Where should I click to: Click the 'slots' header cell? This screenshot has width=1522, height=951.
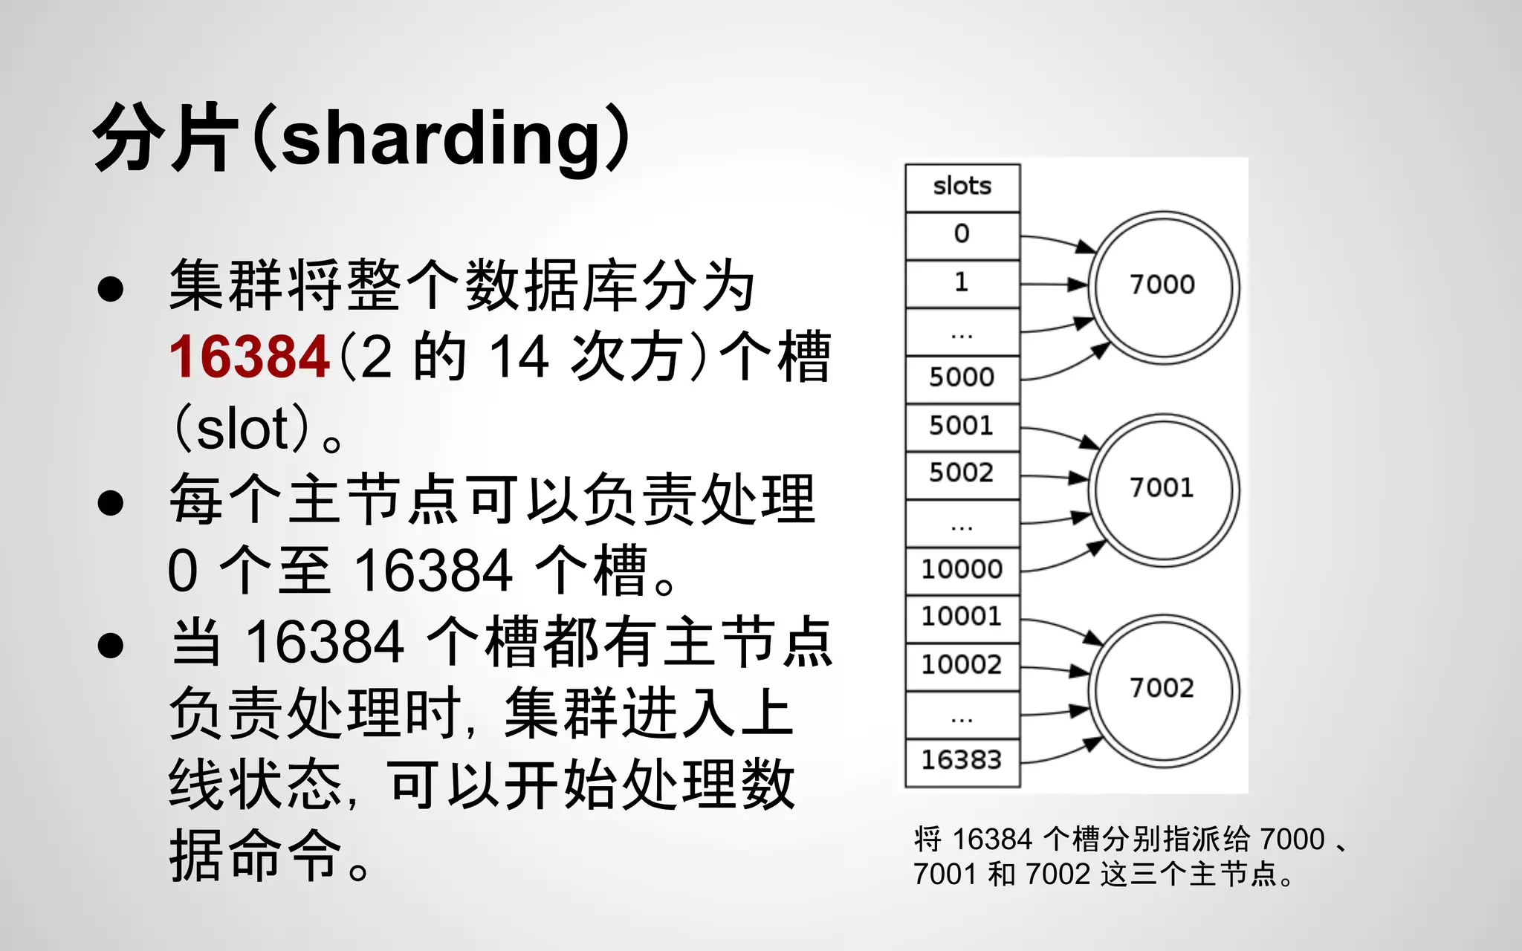[962, 186]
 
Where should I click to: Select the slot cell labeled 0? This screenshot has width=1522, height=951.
[962, 235]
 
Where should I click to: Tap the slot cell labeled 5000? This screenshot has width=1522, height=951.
[962, 378]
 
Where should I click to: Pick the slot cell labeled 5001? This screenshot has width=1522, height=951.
[962, 426]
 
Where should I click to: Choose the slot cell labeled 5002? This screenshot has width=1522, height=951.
[962, 473]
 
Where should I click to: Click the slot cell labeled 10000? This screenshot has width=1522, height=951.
[962, 570]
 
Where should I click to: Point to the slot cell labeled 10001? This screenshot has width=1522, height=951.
[962, 617]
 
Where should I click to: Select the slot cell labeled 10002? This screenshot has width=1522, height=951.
[962, 665]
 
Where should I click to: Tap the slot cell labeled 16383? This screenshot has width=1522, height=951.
[962, 761]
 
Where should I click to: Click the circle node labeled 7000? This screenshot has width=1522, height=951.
[1163, 286]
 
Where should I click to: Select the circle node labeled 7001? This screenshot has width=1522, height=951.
[1163, 489]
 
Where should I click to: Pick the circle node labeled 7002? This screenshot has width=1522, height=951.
[1163, 689]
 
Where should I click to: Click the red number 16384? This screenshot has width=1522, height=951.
[249, 357]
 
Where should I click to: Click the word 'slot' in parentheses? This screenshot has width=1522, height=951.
[242, 429]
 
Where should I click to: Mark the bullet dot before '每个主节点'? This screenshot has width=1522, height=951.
[110, 502]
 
